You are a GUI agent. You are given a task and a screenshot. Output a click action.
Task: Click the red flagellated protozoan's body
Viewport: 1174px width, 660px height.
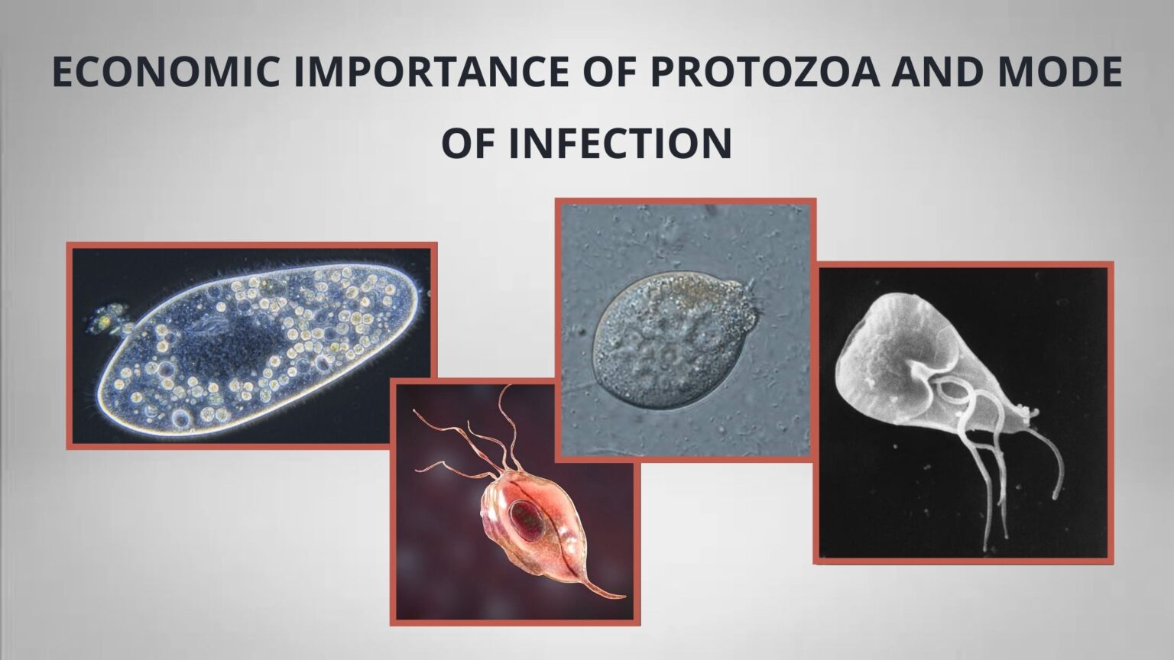click(535, 527)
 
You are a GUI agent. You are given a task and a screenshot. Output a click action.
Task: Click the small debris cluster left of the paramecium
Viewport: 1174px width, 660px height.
click(109, 319)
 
